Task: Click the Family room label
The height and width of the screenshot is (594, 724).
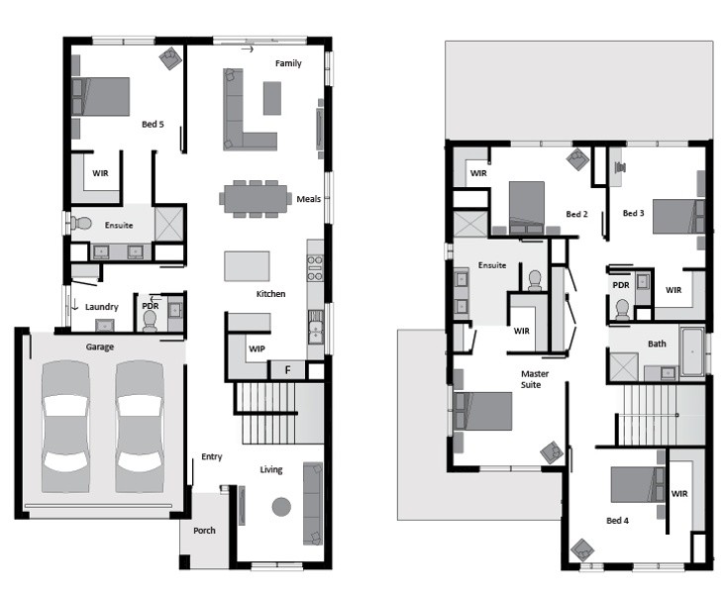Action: coord(288,63)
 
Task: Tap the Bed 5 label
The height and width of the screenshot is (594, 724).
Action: coord(153,124)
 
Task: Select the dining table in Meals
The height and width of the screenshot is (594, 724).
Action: coord(256,199)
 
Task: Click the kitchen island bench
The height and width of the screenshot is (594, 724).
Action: coord(247,266)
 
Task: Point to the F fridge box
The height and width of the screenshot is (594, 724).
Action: coord(287,370)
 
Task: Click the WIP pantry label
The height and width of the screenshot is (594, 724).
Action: coord(257,348)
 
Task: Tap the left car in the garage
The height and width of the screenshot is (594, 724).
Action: coord(65,427)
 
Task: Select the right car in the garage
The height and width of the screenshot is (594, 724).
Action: coord(140,427)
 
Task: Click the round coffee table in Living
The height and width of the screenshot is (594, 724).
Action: coord(281,507)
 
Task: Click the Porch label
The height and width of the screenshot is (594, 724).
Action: coord(204,531)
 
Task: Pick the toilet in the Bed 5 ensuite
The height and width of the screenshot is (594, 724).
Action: coord(81,224)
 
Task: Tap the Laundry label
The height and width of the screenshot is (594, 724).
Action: coord(102,307)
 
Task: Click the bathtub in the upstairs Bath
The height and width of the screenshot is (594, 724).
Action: coord(692,351)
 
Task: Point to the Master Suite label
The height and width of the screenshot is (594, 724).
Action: coord(534,379)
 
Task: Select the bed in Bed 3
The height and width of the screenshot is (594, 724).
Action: coord(678,216)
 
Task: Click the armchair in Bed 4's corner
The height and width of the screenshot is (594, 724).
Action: coord(582,550)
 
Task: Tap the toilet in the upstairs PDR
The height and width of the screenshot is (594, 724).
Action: coord(622,309)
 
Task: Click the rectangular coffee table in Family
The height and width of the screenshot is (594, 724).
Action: coord(272,98)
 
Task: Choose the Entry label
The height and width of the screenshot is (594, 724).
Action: coord(212,457)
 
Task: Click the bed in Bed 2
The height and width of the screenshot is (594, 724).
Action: coord(526,208)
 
